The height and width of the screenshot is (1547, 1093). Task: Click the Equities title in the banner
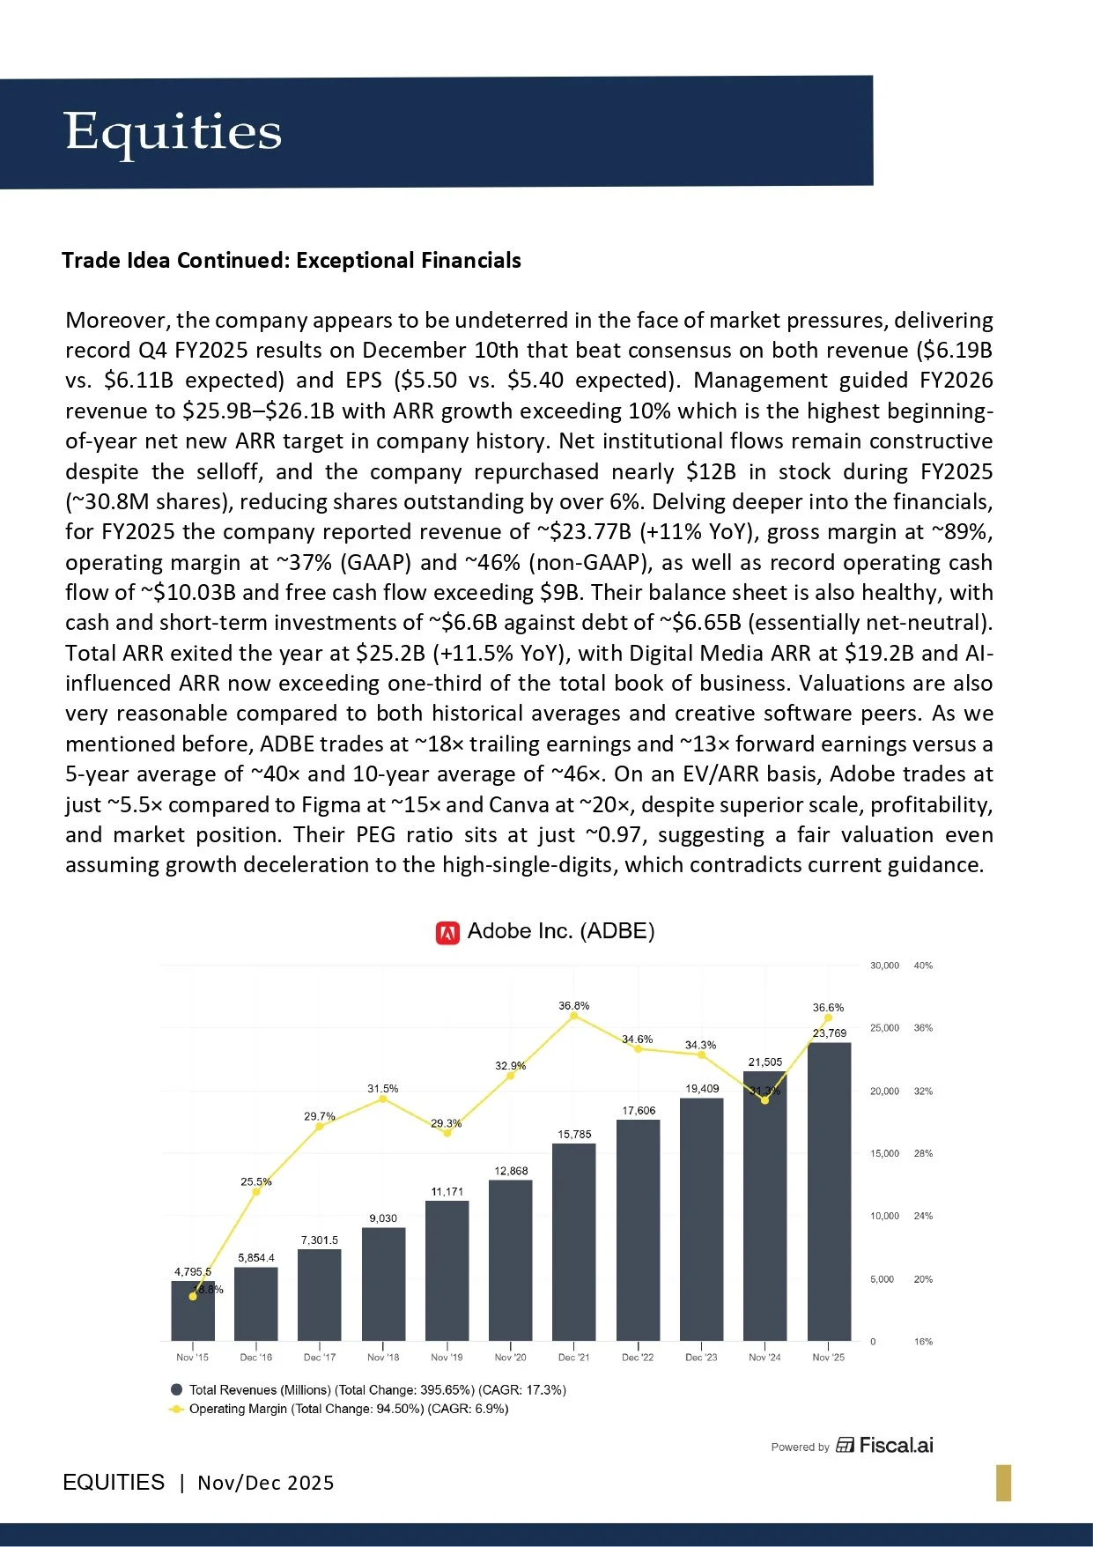click(x=173, y=132)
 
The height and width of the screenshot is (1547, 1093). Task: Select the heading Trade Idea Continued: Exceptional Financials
click(x=292, y=261)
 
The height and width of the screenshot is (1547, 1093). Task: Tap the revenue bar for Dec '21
click(x=574, y=1242)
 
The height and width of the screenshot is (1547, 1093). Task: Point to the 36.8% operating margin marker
click(x=574, y=1016)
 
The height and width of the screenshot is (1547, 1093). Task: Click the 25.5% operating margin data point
click(x=256, y=1192)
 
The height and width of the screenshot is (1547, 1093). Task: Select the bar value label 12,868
click(x=511, y=1171)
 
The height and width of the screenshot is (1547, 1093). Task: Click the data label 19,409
click(x=702, y=1089)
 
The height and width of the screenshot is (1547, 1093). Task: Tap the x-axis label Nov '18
click(x=383, y=1358)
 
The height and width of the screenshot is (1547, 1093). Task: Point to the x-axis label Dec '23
click(x=701, y=1358)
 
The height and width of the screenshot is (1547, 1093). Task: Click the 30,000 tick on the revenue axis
click(x=884, y=966)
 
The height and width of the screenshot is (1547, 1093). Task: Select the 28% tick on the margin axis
click(x=923, y=1153)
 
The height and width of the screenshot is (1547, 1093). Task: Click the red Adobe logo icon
click(x=447, y=932)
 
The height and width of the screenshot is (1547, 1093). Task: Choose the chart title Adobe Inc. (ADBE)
click(x=560, y=931)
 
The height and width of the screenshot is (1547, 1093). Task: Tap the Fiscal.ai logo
click(x=884, y=1446)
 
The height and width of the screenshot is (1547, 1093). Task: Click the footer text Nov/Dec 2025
click(x=265, y=1483)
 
